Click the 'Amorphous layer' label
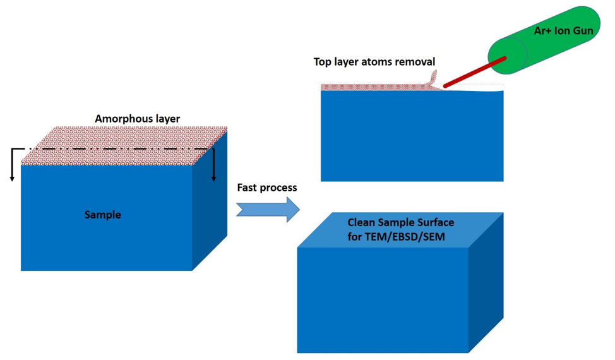pyautogui.click(x=137, y=119)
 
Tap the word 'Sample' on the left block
pyautogui.click(x=103, y=215)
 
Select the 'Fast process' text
pyautogui.click(x=266, y=188)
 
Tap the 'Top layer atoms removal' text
pyautogui.click(x=374, y=62)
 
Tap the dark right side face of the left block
pyautogui.click(x=209, y=208)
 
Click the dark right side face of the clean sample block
pyautogui.click(x=486, y=284)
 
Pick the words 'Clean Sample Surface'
pyautogui.click(x=401, y=223)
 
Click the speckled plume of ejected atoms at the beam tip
pyautogui.click(x=431, y=80)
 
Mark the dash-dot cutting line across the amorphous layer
pyautogui.click(x=114, y=149)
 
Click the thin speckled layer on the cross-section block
pyautogui.click(x=366, y=87)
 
